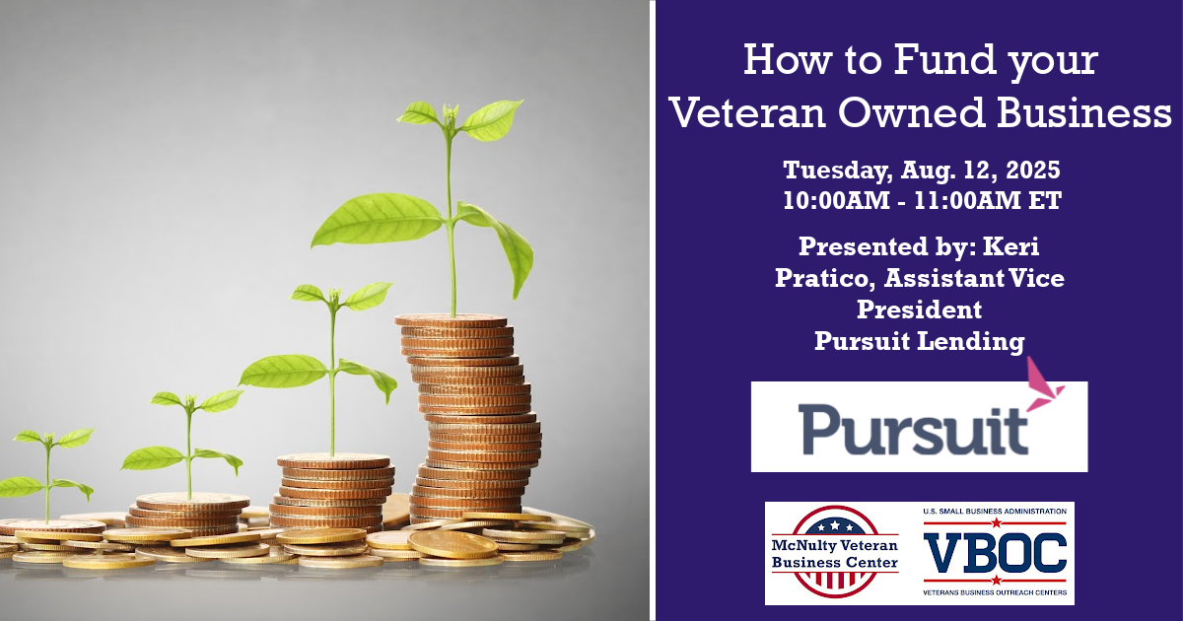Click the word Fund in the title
(944, 59)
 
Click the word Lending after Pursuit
(971, 341)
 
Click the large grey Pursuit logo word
(913, 429)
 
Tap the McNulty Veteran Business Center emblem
(834, 552)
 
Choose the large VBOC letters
(995, 553)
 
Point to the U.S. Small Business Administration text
(995, 512)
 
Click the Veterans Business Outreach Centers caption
(995, 592)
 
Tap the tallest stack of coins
(469, 417)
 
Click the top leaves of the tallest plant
(458, 119)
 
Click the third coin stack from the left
(333, 491)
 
